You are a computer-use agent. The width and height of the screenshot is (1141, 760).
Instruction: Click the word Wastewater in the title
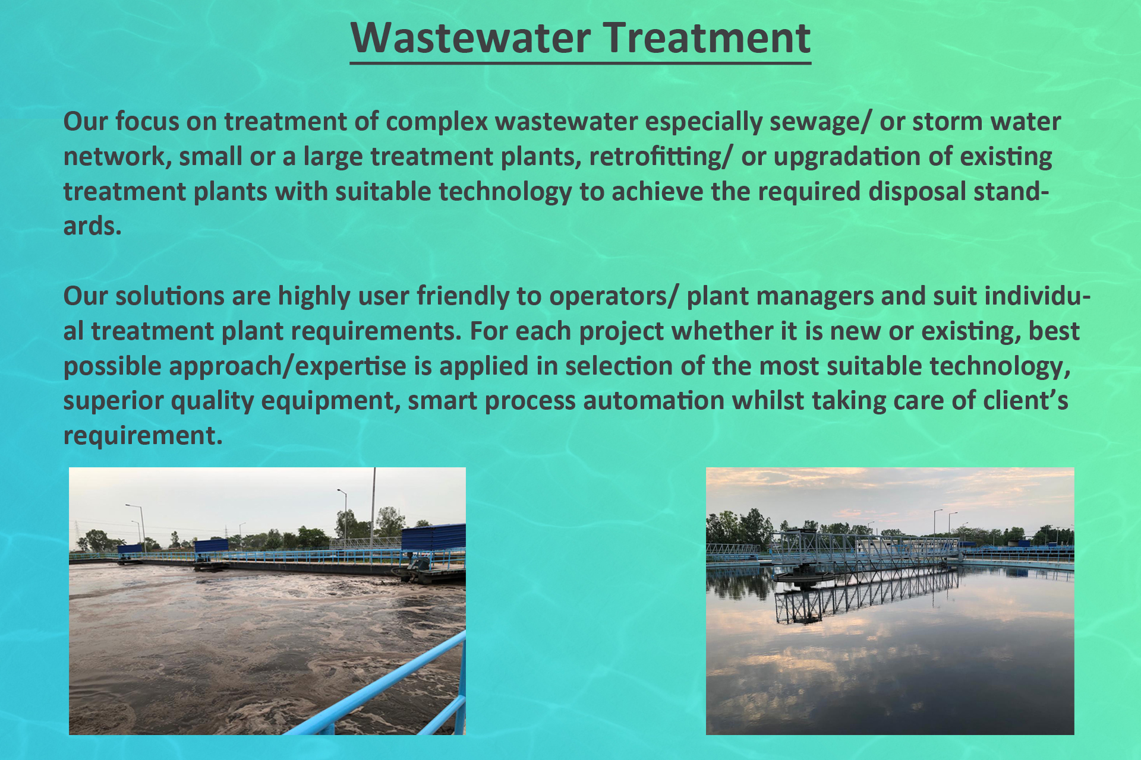[471, 38]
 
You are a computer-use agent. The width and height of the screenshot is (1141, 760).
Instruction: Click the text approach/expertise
[235, 367]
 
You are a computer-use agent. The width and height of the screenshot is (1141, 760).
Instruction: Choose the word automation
[654, 401]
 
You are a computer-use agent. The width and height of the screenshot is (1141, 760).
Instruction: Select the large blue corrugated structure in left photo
[433, 537]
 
